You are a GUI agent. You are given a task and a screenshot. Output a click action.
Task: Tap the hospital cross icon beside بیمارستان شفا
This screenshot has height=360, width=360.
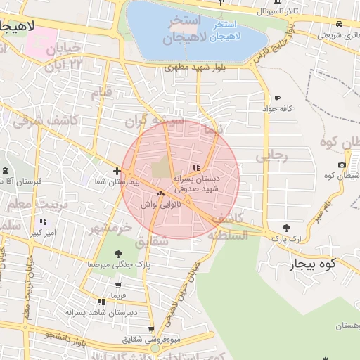pos(117,171)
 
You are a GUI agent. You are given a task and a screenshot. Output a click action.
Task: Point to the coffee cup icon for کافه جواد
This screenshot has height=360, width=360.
pos(277,98)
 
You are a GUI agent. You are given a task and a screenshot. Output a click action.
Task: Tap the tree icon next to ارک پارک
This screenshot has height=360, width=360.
pos(285,228)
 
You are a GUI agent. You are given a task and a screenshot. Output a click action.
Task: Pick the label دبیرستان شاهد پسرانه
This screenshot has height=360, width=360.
pos(101,311)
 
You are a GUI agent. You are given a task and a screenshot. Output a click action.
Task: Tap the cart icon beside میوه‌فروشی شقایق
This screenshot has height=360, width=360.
pos(151,329)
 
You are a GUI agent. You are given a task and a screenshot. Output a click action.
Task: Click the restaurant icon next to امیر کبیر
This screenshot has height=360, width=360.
pos(43,222)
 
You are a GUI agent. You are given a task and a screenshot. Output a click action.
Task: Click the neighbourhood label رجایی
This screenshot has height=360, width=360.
pos(271,156)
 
